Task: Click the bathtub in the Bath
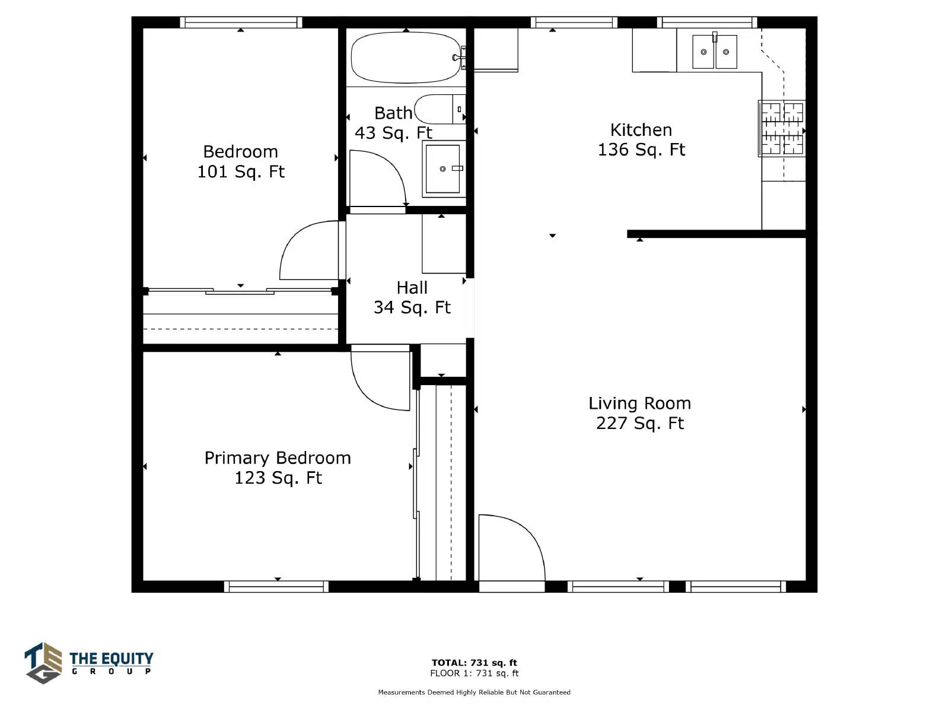point(406,57)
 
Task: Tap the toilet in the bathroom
point(440,109)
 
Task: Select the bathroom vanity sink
point(444,169)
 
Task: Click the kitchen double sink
point(714,52)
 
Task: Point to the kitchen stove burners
point(782,128)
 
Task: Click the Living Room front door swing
point(512,548)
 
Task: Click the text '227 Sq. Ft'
point(640,423)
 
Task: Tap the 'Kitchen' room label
point(641,130)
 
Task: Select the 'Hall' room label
point(412,288)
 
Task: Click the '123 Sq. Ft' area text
point(278,478)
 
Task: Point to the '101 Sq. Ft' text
point(241,171)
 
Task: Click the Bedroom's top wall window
point(241,23)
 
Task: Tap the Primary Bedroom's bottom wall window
point(276,587)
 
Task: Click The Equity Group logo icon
point(43,663)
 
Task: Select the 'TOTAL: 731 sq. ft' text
point(474,662)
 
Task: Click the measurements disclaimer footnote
point(474,692)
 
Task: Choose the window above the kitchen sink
point(708,23)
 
